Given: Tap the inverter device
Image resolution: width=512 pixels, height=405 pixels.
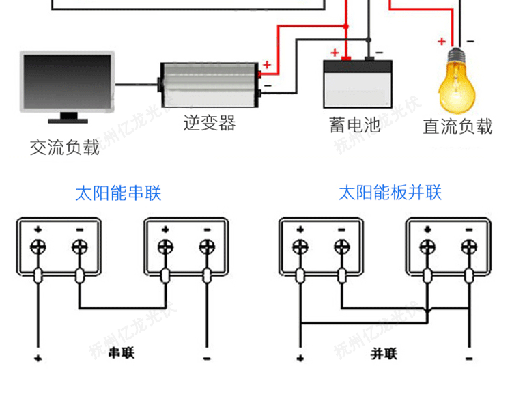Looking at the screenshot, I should coord(210,85).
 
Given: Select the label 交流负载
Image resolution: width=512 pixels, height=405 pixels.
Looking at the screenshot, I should coord(64,147).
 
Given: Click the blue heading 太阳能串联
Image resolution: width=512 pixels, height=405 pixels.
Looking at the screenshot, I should coord(118,193).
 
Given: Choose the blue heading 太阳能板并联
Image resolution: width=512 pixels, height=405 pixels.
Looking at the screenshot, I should coord(390,193).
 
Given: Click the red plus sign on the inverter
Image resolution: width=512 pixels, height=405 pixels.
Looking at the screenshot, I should coord(267,66).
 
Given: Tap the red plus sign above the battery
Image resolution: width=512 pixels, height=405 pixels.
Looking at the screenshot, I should coord(335,52).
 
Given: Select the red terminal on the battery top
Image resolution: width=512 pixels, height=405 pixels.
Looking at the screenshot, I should coord(346,59).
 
